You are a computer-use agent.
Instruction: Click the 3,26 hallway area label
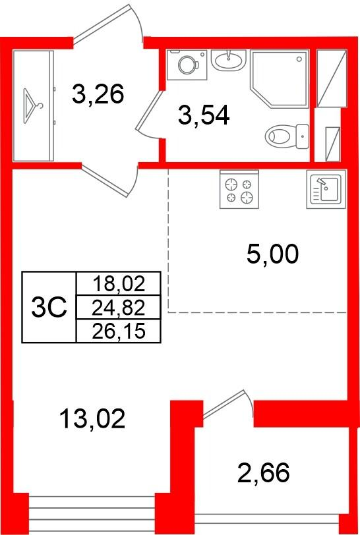point(98,94)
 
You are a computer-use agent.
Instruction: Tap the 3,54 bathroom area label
point(204,115)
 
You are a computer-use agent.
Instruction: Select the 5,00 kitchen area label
point(272,254)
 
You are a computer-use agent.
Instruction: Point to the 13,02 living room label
point(92,418)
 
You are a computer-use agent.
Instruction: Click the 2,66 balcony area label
point(263,472)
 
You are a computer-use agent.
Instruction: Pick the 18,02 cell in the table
point(119,284)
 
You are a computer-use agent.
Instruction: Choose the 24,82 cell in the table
point(119,308)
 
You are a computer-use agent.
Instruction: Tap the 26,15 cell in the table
point(119,331)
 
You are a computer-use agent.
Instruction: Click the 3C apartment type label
point(49,307)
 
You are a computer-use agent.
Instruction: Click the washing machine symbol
point(187,65)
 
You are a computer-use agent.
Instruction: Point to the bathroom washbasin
point(229,61)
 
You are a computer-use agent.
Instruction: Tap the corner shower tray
point(280,79)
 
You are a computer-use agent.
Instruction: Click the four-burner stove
point(239,189)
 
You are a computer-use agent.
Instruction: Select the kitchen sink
point(326,189)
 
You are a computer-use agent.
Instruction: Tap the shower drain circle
point(299,59)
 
